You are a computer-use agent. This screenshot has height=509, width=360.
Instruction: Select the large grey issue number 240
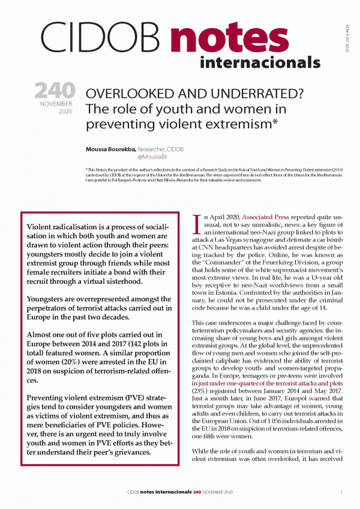pos(54,91)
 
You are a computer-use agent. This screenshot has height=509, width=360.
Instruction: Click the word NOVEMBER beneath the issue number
pos(58,103)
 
